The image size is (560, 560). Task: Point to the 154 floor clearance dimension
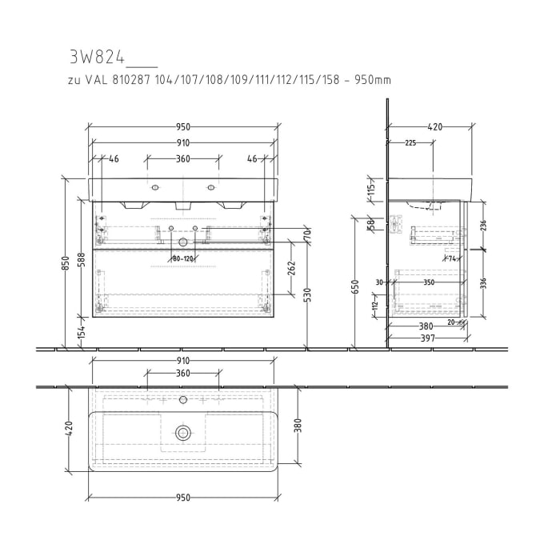tap(81, 333)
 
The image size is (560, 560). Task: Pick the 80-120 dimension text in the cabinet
tap(183, 258)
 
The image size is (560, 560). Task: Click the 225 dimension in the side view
tap(410, 143)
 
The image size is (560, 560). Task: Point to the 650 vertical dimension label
tap(354, 287)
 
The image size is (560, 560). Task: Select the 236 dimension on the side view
tap(483, 226)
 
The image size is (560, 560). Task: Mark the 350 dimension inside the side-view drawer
tap(429, 282)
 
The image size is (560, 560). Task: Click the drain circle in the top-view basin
tap(183, 433)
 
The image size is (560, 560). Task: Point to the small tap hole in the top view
tap(183, 398)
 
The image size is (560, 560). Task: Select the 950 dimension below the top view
tap(183, 498)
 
